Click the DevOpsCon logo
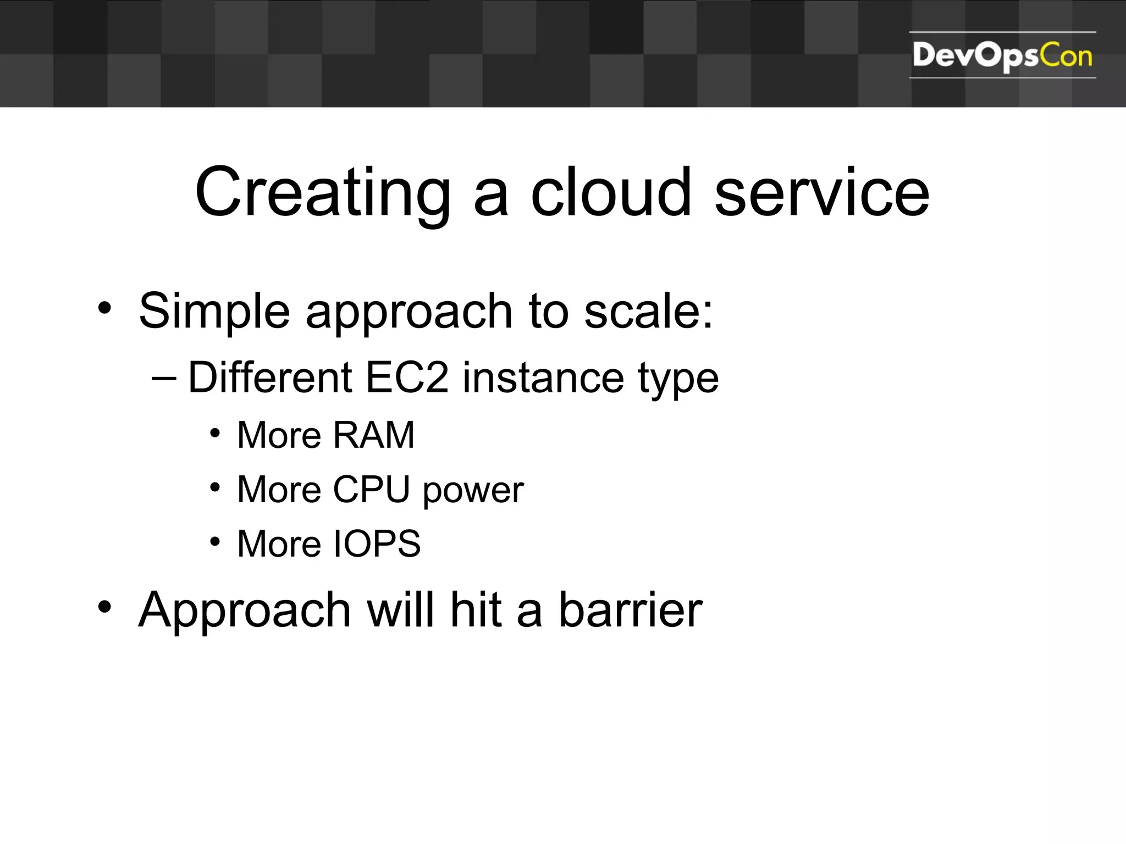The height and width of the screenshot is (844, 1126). (x=1002, y=55)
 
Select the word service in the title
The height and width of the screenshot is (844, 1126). (x=821, y=193)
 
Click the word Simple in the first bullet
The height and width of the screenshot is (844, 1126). (x=214, y=312)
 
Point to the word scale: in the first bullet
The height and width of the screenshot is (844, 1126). (x=648, y=311)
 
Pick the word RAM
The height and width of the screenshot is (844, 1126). (x=374, y=435)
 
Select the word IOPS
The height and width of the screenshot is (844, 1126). (x=377, y=544)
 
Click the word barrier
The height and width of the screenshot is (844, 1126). (x=631, y=610)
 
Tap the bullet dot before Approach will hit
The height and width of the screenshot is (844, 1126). (x=104, y=607)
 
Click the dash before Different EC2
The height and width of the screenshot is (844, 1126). (x=164, y=379)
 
